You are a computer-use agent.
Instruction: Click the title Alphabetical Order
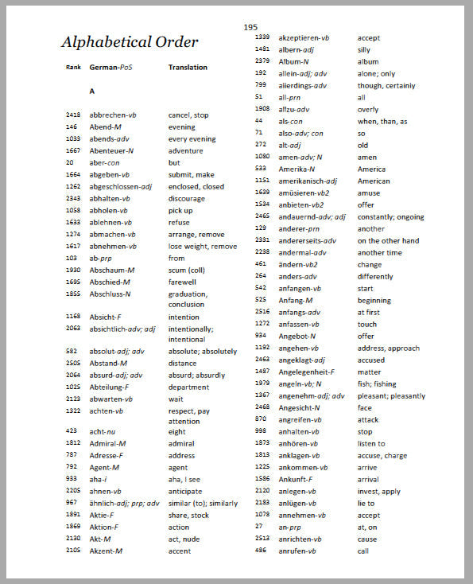(x=130, y=42)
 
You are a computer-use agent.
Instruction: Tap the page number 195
(x=250, y=27)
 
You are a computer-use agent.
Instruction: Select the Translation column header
(x=188, y=68)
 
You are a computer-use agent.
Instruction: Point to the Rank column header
(x=73, y=68)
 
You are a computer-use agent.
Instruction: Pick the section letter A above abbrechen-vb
(x=92, y=91)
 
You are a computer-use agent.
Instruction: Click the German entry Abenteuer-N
(x=112, y=150)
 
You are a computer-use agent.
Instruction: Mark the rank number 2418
(x=73, y=115)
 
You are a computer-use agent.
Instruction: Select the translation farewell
(x=183, y=282)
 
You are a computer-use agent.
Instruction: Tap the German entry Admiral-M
(x=108, y=443)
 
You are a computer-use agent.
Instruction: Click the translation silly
(x=363, y=49)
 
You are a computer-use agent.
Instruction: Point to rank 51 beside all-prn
(x=259, y=97)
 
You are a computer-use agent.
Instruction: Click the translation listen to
(x=371, y=443)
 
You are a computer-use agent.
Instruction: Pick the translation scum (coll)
(x=188, y=270)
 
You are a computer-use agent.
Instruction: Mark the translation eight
(x=176, y=432)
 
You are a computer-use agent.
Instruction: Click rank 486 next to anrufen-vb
(x=261, y=551)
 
